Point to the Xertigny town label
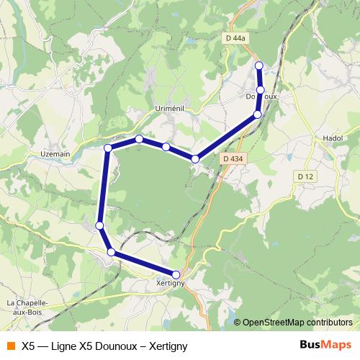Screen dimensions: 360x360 [x=171, y=284]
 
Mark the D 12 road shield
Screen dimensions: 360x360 [x=307, y=176]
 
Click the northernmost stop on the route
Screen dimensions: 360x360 [x=259, y=66]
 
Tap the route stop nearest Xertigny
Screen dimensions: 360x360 [x=176, y=274]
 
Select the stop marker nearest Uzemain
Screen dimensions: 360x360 [x=108, y=148]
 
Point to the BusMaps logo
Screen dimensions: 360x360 [x=325, y=345]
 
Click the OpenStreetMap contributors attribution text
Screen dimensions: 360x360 [x=297, y=322]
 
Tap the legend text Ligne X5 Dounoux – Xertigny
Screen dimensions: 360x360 [x=104, y=346]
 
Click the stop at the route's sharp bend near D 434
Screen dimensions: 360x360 [x=194, y=158]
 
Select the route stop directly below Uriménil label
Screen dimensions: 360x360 [x=166, y=147]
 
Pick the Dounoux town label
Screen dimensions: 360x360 [x=261, y=96]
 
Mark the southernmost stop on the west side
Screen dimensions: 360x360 [x=111, y=251]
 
